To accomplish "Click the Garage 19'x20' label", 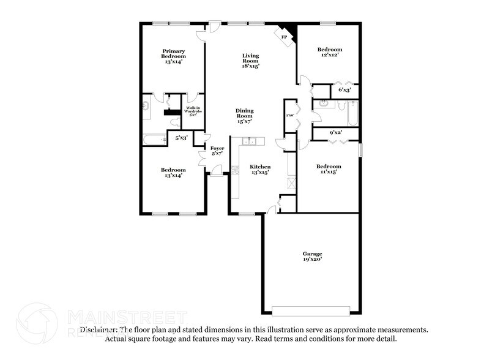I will (x=311, y=257).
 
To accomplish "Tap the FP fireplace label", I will (x=284, y=37).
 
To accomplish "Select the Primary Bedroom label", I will (x=173, y=56).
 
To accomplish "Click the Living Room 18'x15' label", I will (x=250, y=61).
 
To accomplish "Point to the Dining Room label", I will (x=244, y=116).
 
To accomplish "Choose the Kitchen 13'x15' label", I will (x=259, y=170).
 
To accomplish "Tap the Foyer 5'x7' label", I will (x=217, y=151).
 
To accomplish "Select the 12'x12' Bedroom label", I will (x=329, y=52).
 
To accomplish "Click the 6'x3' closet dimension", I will (x=344, y=90).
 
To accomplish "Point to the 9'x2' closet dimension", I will (x=336, y=132).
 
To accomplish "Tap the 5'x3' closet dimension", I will (x=181, y=138).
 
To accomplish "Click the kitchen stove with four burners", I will (x=234, y=170).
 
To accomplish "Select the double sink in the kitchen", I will (x=248, y=142).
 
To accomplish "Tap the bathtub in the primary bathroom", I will (x=155, y=140).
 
